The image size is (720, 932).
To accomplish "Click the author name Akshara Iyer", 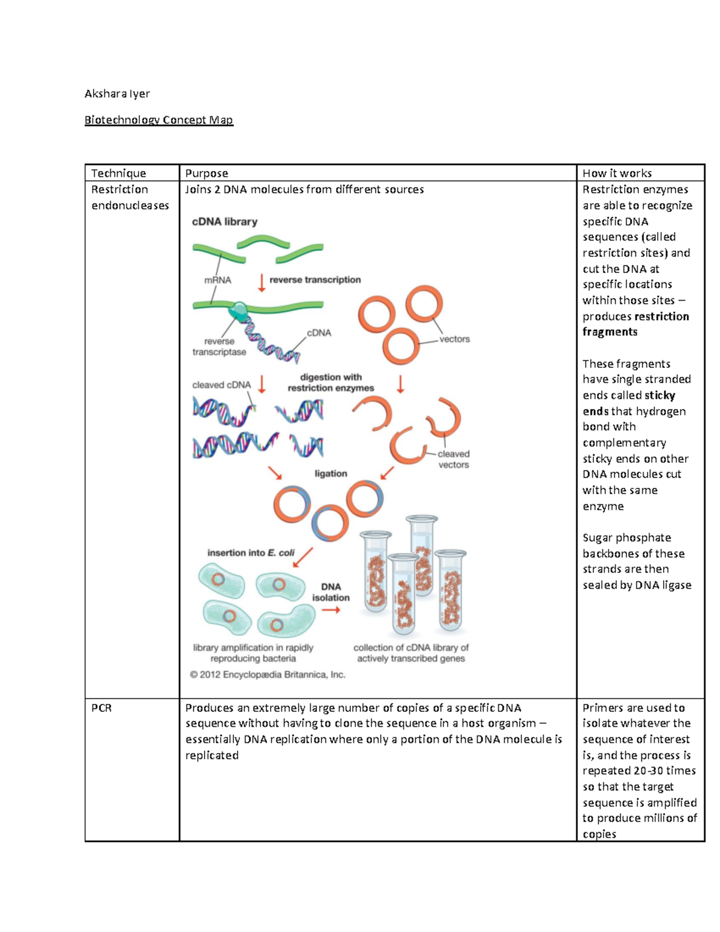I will [x=117, y=94].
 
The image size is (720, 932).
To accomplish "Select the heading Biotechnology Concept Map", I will [x=158, y=120].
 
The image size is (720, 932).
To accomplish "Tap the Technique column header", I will [x=118, y=173].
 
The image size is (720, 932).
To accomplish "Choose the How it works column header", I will [x=617, y=173].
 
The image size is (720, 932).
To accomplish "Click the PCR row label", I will [x=101, y=708].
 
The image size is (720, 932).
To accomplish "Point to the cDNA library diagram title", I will [x=224, y=221].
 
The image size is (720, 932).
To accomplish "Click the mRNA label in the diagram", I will [x=217, y=280].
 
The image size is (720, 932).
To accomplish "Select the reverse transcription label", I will [x=315, y=280].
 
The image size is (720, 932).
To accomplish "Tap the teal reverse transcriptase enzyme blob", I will [x=238, y=311].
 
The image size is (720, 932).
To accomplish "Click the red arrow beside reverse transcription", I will [x=262, y=282].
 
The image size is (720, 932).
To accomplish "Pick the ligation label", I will [x=331, y=474].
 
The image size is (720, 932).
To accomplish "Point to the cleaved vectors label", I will [x=454, y=459].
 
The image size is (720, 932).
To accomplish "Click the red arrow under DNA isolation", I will [x=331, y=610].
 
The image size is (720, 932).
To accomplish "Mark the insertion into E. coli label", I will [x=251, y=553].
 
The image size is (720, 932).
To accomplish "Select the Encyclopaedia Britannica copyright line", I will [x=268, y=675].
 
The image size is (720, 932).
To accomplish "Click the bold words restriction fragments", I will [x=636, y=324].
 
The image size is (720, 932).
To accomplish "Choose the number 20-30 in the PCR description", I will [x=650, y=771].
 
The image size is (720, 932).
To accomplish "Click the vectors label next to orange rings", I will [x=454, y=339].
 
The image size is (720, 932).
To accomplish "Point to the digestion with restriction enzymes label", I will [x=331, y=382].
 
